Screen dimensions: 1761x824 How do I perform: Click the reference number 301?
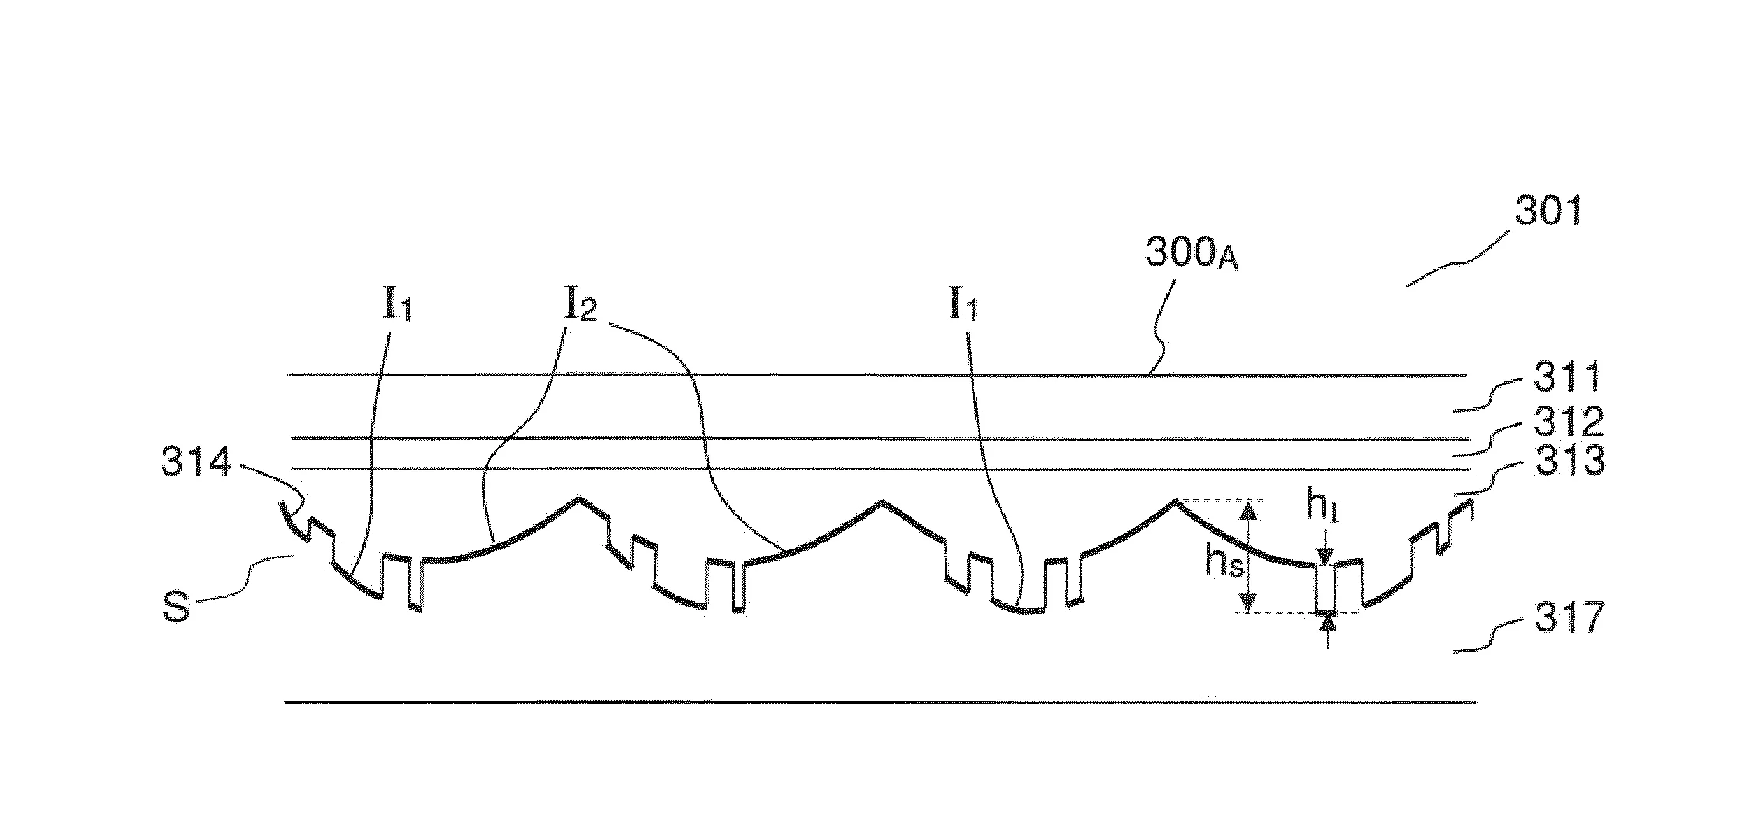click(1548, 210)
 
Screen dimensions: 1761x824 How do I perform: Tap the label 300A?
click(1192, 254)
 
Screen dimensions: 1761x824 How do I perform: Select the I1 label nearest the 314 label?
click(397, 308)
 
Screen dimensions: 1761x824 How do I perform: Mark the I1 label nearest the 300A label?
click(963, 308)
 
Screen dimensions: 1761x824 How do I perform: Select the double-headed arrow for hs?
click(1249, 556)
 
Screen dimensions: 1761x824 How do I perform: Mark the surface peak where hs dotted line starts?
click(1175, 500)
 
